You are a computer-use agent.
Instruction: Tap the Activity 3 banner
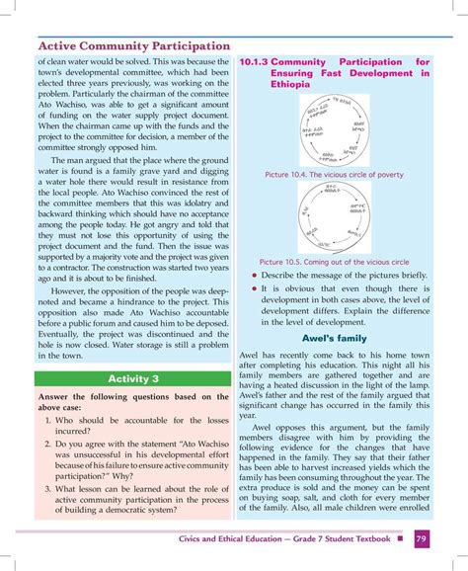pyautogui.click(x=134, y=379)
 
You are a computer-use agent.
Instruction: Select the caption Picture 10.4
pyautogui.click(x=336, y=175)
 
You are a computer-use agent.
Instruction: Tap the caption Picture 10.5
pyautogui.click(x=336, y=262)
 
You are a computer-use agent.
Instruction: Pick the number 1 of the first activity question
pyautogui.click(x=48, y=421)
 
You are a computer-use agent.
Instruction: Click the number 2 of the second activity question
pyautogui.click(x=48, y=445)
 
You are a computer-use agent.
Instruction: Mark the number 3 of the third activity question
pyautogui.click(x=48, y=488)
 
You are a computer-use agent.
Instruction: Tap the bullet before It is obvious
pyautogui.click(x=254, y=289)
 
